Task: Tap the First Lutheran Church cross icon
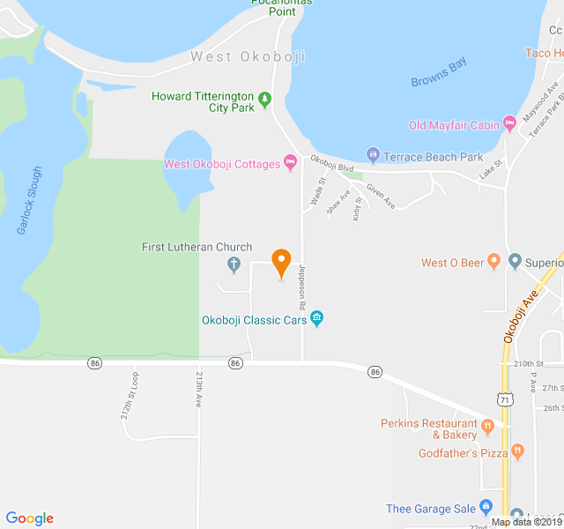tap(234, 263)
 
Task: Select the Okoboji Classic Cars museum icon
tap(317, 318)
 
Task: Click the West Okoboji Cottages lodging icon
tap(290, 163)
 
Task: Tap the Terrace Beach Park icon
tap(373, 156)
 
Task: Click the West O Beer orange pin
tap(493, 262)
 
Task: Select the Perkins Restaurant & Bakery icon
tap(487, 428)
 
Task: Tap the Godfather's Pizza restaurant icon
tap(517, 452)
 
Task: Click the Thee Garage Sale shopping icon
tap(486, 508)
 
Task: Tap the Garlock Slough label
tap(30, 200)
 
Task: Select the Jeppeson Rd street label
tap(302, 287)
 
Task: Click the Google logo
tap(29, 518)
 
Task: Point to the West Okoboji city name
tap(248, 57)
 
